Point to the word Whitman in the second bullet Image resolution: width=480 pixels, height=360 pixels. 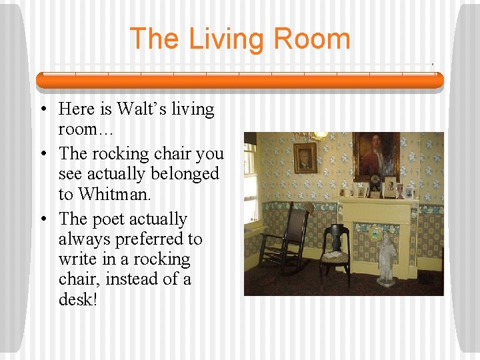[x=112, y=194]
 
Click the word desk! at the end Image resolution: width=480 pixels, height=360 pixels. [x=78, y=299]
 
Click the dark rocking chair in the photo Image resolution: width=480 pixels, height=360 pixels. [x=283, y=240]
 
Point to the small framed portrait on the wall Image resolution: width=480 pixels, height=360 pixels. [x=305, y=158]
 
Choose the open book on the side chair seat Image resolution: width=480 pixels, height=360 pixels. [x=335, y=254]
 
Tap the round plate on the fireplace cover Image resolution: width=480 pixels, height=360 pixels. [x=376, y=235]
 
